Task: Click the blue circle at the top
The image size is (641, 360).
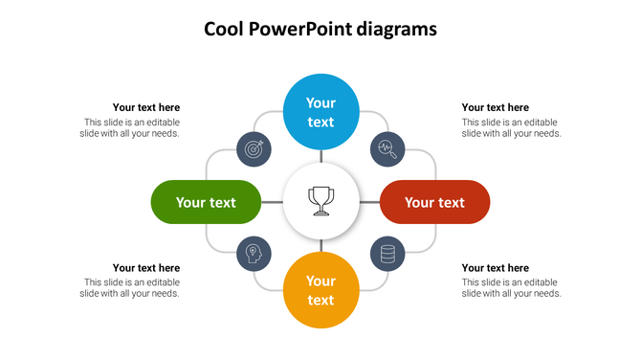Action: (320, 112)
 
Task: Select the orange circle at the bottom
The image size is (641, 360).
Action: (320, 290)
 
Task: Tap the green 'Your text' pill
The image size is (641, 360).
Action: (206, 202)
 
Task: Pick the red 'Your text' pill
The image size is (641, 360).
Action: (434, 202)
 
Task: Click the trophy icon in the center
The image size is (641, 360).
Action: (320, 202)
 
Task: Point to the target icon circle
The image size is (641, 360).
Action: (254, 148)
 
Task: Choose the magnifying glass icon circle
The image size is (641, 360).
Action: (387, 148)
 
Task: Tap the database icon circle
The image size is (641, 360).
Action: (387, 254)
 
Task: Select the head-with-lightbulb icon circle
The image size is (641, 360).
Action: (254, 254)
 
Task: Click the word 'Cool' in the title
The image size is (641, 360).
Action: (224, 30)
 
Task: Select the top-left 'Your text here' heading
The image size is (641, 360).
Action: (146, 107)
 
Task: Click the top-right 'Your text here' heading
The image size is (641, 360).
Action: (496, 107)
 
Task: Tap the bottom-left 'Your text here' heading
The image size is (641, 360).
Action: (146, 268)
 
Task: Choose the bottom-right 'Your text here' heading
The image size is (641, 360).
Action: (496, 268)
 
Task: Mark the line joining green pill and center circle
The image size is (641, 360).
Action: (273, 202)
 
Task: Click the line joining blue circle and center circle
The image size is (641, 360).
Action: (320, 157)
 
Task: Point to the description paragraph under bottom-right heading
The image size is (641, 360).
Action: (511, 288)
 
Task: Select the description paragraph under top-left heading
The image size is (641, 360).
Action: (131, 127)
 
